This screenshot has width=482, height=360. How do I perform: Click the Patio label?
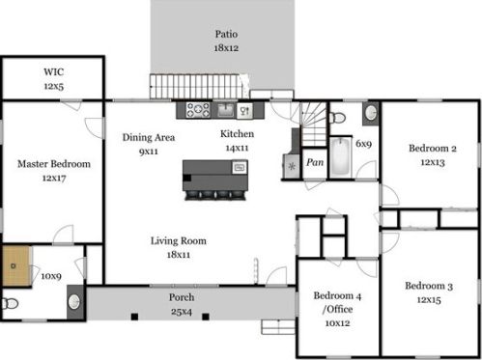226,34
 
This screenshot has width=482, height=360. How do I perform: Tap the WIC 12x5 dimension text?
54,86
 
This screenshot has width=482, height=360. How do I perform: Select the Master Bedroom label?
54,164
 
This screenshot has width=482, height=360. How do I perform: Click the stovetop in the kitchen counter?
198,110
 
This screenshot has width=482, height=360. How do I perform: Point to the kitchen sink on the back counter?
226,110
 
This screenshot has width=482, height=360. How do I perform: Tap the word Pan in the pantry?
315,162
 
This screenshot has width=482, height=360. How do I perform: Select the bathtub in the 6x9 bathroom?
341,156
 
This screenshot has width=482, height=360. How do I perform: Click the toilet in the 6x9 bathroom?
336,118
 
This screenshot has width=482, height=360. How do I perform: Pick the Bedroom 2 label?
433,149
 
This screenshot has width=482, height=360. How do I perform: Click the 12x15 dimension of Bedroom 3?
429,300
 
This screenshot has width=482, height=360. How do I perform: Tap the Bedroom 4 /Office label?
337,302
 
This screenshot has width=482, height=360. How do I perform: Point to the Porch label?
182,297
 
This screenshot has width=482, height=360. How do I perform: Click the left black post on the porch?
134,317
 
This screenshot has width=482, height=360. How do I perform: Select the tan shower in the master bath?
16,265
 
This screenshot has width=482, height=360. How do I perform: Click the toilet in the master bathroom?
10,303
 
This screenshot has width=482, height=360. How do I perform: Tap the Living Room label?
179,241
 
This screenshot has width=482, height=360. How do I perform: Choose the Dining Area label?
149,138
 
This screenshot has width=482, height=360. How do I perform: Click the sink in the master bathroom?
74,302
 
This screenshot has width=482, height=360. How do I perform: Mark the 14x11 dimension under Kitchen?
237,148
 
